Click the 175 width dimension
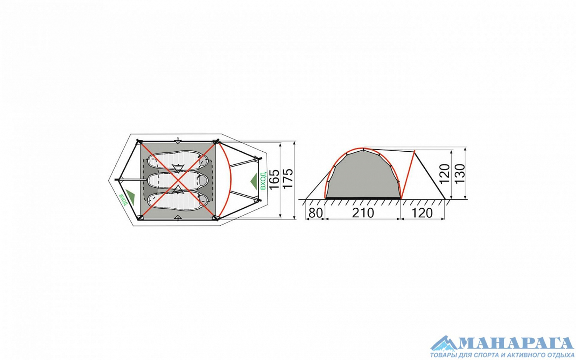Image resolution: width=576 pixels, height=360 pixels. pos(288,178)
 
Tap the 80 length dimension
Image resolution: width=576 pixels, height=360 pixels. pos(315,213)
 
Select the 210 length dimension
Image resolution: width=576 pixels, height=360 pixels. pos(363,213)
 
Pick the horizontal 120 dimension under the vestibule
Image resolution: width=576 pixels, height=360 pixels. pos(422,213)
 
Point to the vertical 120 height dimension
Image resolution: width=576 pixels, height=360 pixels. pos(445,174)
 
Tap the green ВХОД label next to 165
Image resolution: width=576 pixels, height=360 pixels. pos(263,181)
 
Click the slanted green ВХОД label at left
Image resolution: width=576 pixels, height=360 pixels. pos(122,200)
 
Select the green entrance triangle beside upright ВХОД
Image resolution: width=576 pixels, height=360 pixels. pos(254,181)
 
